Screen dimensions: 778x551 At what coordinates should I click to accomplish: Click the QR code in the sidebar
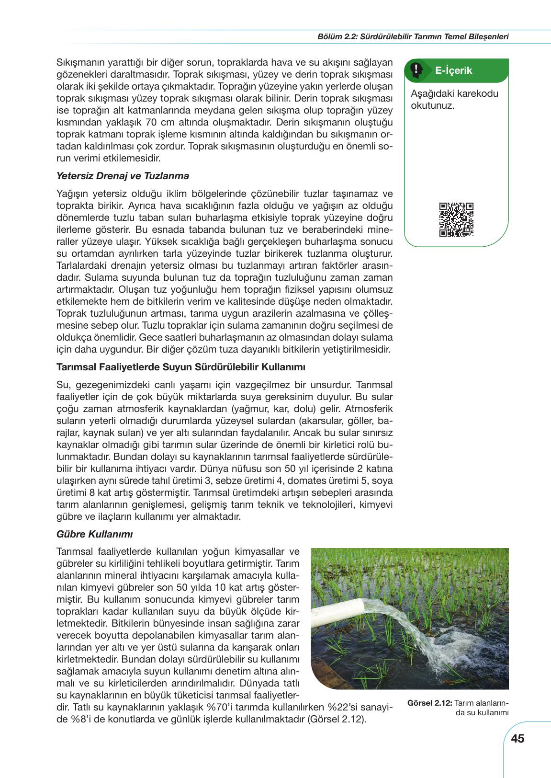point(456,220)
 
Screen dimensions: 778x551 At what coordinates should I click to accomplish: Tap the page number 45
point(517,738)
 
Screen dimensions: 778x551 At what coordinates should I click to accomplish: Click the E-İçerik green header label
point(453,70)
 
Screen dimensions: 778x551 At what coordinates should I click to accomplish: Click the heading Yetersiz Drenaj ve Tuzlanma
point(123,176)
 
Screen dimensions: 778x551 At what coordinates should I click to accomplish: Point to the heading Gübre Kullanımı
point(94,534)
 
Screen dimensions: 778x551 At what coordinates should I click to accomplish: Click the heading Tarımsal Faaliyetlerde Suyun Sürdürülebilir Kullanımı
point(180,367)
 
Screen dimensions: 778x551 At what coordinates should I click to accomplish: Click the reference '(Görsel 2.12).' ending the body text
point(336,719)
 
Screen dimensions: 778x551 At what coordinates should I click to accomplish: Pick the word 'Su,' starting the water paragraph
point(64,385)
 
